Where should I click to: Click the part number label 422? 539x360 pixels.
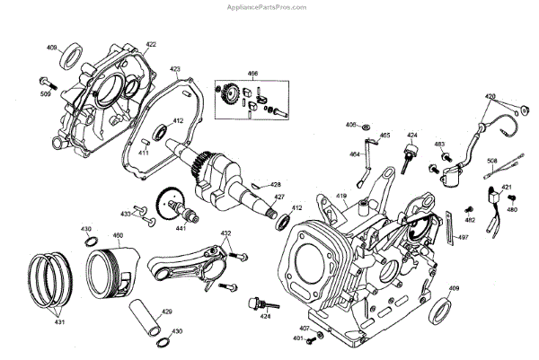pyautogui.click(x=150, y=44)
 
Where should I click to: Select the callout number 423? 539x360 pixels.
pyautogui.click(x=175, y=68)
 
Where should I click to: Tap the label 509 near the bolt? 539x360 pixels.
pyautogui.click(x=45, y=92)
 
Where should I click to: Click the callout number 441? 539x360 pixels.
pyautogui.click(x=181, y=229)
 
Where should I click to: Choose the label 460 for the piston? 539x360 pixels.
pyautogui.click(x=117, y=236)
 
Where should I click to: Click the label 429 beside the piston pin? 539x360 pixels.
pyautogui.click(x=166, y=312)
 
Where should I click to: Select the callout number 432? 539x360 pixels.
pyautogui.click(x=225, y=233)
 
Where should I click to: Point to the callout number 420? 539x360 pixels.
pyautogui.click(x=490, y=96)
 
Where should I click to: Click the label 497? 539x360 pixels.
pyautogui.click(x=464, y=237)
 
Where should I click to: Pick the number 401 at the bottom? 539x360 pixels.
pyautogui.click(x=297, y=338)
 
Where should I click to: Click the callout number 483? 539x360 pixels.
pyautogui.click(x=440, y=144)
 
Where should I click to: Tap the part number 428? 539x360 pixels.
pyautogui.click(x=276, y=184)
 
